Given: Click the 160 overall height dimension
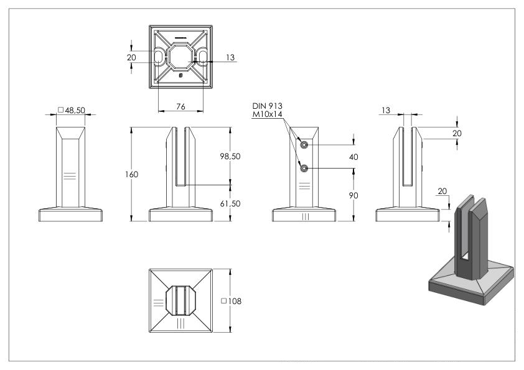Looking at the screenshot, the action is pos(132,174).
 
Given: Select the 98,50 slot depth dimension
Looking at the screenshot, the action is pos(230,156).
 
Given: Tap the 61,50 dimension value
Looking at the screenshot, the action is pos(230,203).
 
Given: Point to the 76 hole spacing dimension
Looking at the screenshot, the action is pos(180,106).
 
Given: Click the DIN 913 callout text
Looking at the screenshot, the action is pos(267,106).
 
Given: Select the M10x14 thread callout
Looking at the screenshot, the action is pos(267,114).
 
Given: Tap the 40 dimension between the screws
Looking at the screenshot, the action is pos(353,157).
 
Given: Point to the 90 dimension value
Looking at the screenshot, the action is pos(353,195).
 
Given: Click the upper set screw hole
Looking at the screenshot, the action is pos(304,145).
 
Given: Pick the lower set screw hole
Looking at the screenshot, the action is pos(304,169).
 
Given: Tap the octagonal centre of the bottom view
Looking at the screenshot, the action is pos(180,57).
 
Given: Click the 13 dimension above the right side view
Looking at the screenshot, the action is pos(386,110).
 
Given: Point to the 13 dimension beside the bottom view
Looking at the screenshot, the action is pos(230,57).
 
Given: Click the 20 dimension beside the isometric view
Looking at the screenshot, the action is pos(442,192).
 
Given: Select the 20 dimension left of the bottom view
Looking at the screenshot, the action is pos(131,57).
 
